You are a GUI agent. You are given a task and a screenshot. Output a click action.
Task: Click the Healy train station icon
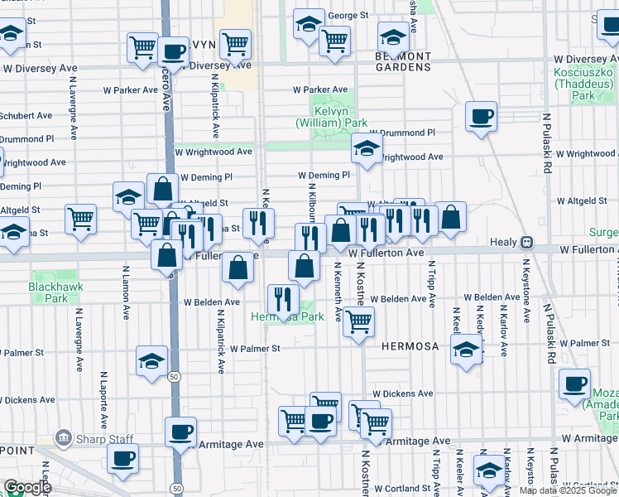[x=525, y=243]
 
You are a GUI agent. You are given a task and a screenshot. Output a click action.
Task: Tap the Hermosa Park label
[x=287, y=317]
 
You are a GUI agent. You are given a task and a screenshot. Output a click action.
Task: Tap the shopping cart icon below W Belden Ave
[x=358, y=321]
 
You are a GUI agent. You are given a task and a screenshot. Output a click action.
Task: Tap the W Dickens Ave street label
[x=402, y=393]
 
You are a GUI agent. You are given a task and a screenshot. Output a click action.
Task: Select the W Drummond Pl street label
[x=401, y=133]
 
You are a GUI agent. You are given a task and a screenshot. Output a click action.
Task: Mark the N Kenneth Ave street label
[x=338, y=292]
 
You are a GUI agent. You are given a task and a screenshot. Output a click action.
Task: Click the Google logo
[x=26, y=487]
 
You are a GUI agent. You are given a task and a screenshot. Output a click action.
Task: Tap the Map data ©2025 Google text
[x=568, y=490]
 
